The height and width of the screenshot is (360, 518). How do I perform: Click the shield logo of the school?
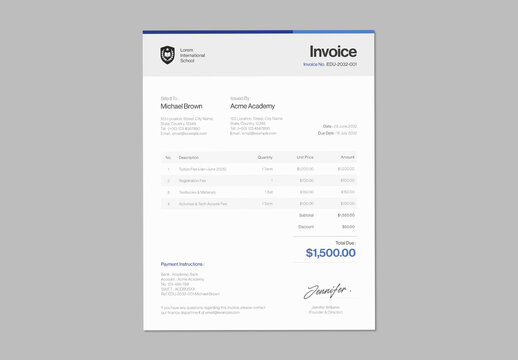pyautogui.click(x=167, y=55)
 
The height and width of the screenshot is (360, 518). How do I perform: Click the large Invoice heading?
pyautogui.click(x=332, y=51)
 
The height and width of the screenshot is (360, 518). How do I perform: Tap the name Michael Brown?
pyautogui.click(x=181, y=105)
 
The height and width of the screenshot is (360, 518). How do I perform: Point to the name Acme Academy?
pyautogui.click(x=252, y=105)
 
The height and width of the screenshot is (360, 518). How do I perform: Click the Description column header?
pyautogui.click(x=189, y=157)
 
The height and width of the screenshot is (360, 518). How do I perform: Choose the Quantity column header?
pyautogui.click(x=265, y=157)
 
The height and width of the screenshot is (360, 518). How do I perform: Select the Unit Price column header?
pyautogui.click(x=305, y=157)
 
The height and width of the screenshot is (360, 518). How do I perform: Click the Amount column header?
pyautogui.click(x=347, y=157)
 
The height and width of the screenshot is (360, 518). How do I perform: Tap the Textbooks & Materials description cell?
pyautogui.click(x=197, y=192)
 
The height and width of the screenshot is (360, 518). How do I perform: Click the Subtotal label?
pyautogui.click(x=306, y=215)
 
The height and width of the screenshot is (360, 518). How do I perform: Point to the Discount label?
pyautogui.click(x=306, y=227)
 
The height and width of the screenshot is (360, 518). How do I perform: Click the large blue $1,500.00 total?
pyautogui.click(x=330, y=253)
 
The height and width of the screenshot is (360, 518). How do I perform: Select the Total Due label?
pyautogui.click(x=344, y=242)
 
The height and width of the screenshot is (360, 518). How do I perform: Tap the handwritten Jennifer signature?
pyautogui.click(x=327, y=292)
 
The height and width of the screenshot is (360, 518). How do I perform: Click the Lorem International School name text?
pyautogui.click(x=193, y=55)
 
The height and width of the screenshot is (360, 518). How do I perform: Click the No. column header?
pyautogui.click(x=168, y=157)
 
